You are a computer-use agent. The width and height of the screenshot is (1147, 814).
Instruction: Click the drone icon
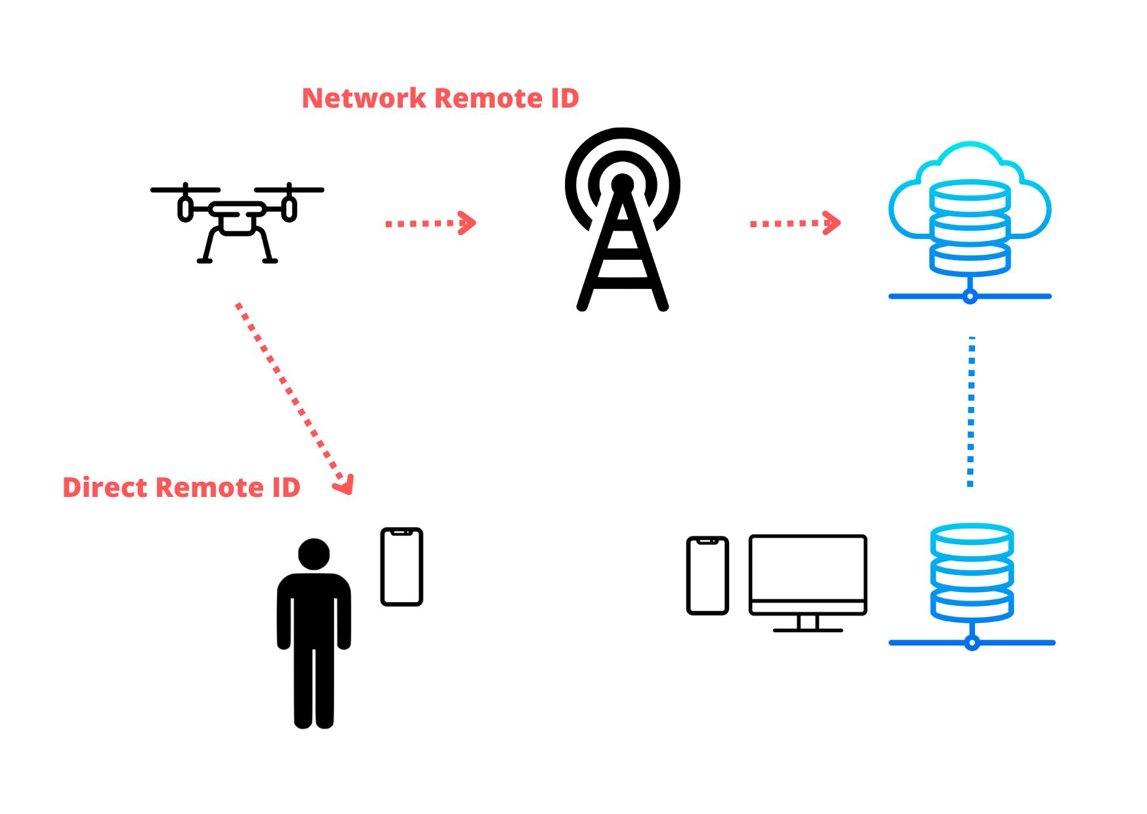coord(237,223)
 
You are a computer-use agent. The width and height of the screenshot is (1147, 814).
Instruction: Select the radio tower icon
coord(622,219)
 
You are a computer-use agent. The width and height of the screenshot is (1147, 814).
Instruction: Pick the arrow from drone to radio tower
coord(430,223)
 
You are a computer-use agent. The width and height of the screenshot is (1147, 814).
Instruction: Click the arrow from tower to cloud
coord(795,223)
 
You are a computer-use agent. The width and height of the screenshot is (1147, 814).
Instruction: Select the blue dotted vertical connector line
coord(971,412)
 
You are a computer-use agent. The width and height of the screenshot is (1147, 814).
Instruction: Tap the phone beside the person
coord(402,567)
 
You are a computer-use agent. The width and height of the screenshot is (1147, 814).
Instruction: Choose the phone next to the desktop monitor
coord(707,576)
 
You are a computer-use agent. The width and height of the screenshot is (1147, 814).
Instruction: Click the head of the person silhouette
coord(314,554)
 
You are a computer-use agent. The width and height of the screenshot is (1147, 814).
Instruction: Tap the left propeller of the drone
coord(185,190)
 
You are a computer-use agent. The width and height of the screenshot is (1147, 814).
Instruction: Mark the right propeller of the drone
coord(289,190)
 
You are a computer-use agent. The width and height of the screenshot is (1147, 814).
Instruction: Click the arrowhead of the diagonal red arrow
coord(345,485)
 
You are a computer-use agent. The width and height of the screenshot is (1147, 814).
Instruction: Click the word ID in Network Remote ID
coord(564,98)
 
